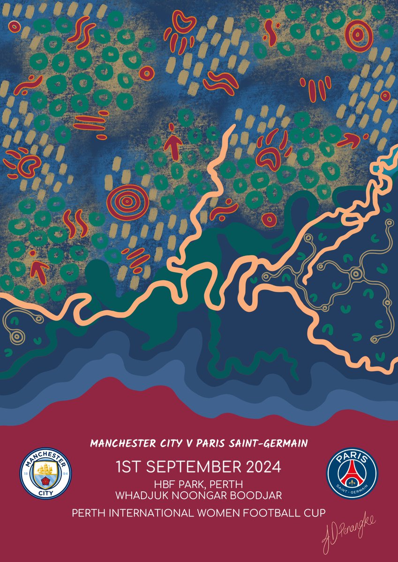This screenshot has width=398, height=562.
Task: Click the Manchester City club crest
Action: click(x=45, y=474)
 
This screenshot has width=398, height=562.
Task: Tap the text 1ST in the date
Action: click(x=128, y=467)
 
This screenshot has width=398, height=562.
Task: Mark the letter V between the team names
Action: click(x=185, y=443)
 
